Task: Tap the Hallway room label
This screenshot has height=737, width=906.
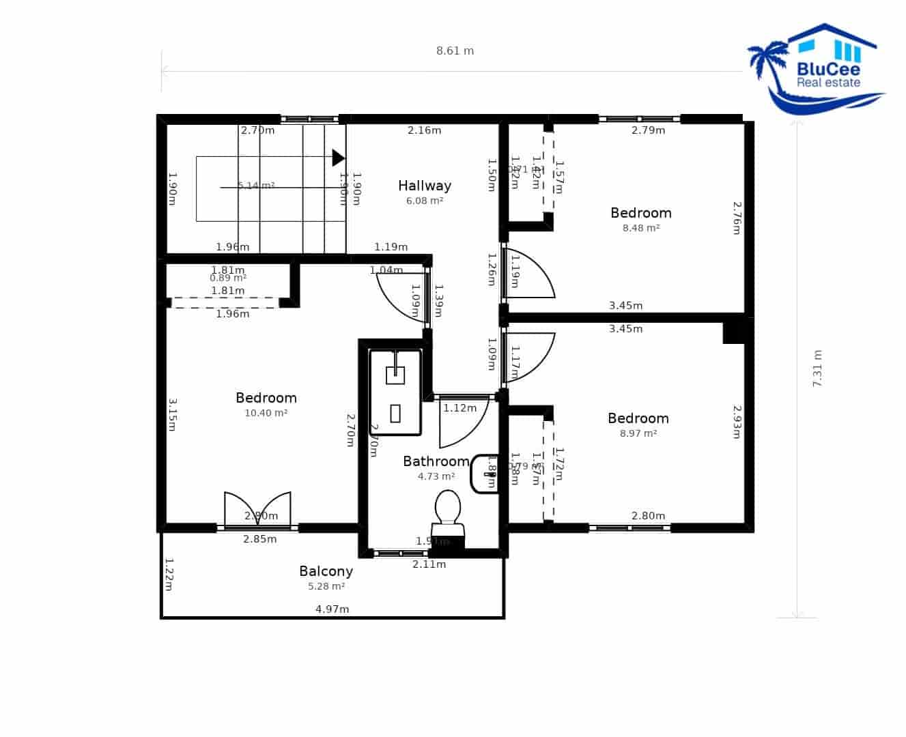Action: (425, 186)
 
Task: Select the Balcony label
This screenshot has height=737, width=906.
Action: (326, 571)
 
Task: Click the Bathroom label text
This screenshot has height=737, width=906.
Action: (436, 461)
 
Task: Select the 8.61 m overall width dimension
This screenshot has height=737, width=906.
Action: (455, 50)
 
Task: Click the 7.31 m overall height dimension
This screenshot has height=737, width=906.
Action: (817, 369)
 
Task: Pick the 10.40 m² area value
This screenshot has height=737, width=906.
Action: (266, 413)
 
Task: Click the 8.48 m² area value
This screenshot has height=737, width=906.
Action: (640, 228)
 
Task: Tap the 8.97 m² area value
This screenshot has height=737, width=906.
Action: (638, 433)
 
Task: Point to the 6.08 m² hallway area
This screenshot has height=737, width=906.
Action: (425, 201)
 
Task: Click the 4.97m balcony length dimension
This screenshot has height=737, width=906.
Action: (332, 609)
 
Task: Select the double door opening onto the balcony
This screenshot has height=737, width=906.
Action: (257, 510)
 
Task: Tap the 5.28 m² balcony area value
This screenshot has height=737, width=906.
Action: (326, 586)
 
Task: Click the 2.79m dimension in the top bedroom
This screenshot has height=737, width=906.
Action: (648, 130)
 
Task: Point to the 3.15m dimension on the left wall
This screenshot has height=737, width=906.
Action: (171, 415)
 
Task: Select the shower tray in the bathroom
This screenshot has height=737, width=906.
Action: (395, 392)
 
